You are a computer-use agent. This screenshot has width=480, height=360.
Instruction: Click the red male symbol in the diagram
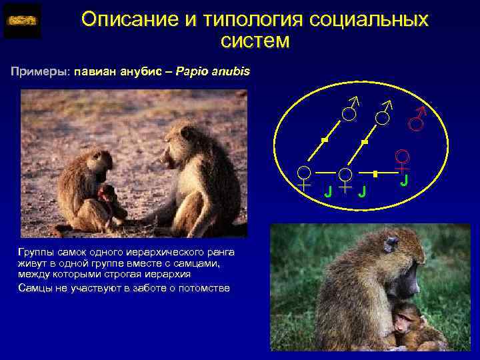coord(418,120)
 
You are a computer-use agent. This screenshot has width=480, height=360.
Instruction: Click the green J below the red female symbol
coord(404,181)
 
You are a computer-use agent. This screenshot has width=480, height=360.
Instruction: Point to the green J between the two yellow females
coord(327,193)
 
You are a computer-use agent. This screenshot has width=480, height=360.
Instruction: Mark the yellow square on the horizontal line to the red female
coord(376,173)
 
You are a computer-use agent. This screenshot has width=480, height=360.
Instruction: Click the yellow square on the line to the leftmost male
coord(324,139)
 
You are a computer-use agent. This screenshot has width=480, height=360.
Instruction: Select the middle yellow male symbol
coord(383,115)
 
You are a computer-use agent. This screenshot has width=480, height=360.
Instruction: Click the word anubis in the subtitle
coord(232,71)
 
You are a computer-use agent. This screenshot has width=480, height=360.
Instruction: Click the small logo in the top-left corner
coord(22,21)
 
